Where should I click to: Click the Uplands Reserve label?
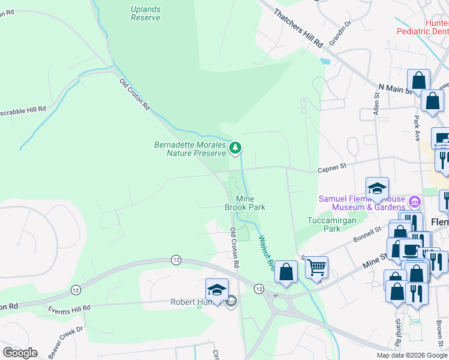pos(145,13)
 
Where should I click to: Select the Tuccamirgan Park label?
pos(325,224)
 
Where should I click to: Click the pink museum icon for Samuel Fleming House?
pos(413,200)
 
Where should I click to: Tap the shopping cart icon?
pos(316,266)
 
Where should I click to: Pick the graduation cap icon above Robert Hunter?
pos(217,290)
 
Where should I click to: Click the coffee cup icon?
pos(411,250)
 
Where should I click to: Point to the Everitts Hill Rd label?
pos(70,308)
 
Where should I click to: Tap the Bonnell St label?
pos(370,233)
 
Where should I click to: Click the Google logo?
pos(20,353)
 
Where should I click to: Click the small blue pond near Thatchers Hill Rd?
pos(325,61)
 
